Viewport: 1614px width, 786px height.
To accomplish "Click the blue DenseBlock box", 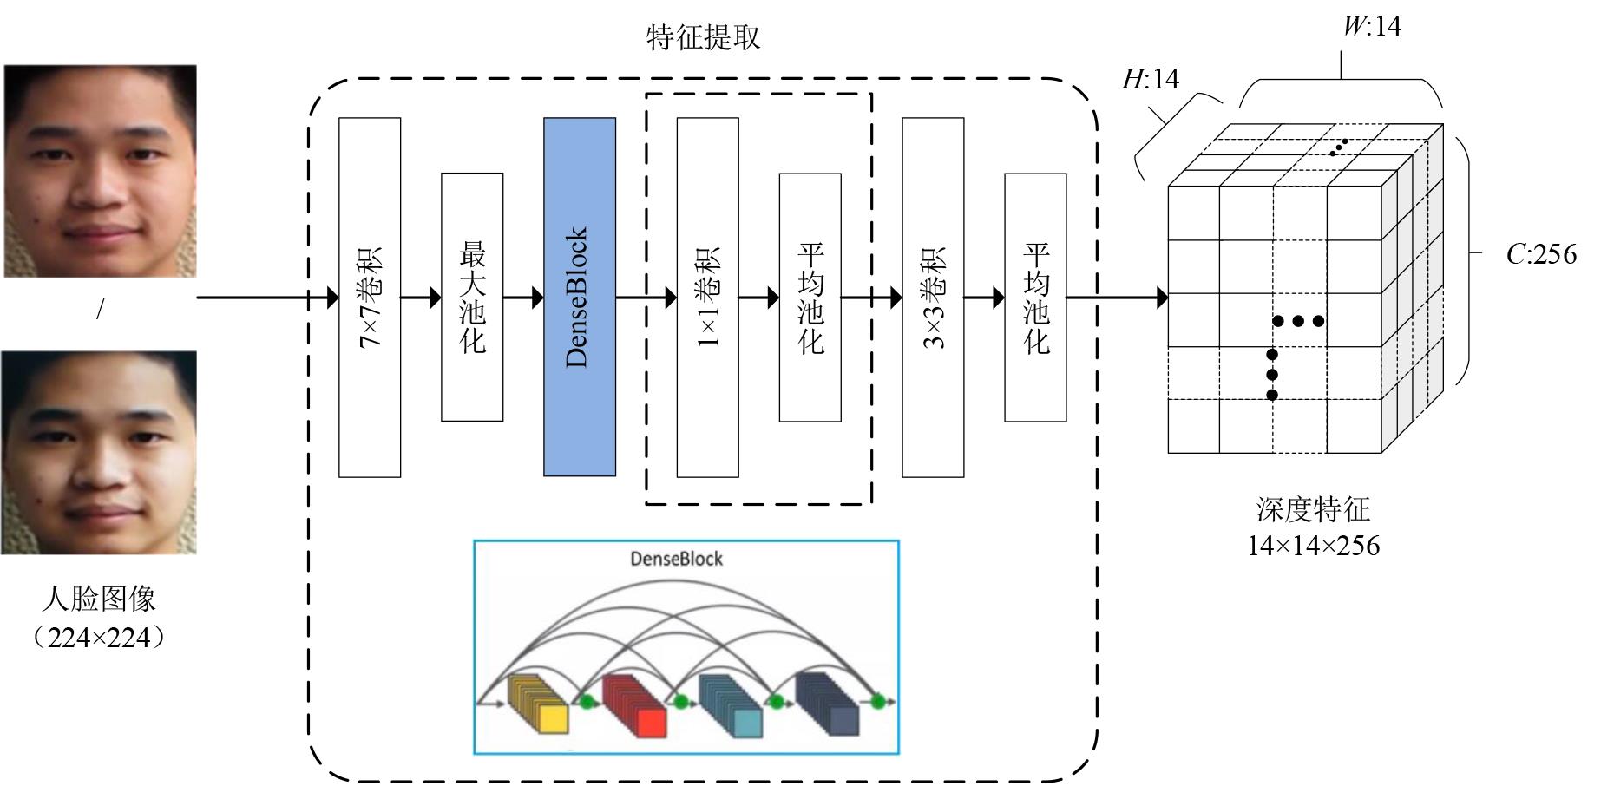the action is pos(580,297).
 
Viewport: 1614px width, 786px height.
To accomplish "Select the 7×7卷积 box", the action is pos(370,297).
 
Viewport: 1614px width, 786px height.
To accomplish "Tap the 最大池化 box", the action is pos(472,297).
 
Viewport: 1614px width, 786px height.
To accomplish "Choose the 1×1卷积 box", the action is pos(708,297).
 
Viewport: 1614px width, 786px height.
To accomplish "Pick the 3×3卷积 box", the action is pos(933,297).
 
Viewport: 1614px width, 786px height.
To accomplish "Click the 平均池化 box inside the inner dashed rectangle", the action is pos(810,297).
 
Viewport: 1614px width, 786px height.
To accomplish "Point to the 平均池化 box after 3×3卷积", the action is pos(1035,297).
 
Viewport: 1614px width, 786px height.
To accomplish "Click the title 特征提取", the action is pos(704,37).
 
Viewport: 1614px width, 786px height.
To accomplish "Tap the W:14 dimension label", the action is pos(1372,26).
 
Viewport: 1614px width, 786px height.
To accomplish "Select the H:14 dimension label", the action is pos(1151,79).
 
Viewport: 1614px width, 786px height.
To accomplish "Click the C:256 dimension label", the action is pos(1541,254).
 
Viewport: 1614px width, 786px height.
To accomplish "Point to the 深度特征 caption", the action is pos(1313,509).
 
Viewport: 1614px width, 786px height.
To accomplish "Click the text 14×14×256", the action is pos(1313,546).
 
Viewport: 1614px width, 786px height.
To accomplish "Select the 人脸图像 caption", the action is pos(99,599).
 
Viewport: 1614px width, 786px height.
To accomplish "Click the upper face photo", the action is pos(100,171).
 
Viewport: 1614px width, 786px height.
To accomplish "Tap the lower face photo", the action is pos(99,452).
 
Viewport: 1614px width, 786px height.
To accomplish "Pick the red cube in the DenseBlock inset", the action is pos(634,705).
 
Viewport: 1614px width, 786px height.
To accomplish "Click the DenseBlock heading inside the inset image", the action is pos(676,559).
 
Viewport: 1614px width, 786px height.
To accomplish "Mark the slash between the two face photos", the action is pos(100,310).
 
